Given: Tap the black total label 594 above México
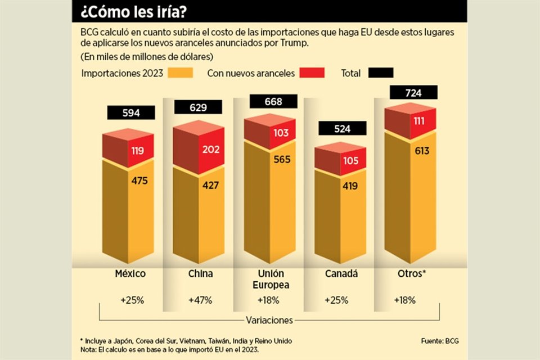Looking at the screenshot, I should point(131,113).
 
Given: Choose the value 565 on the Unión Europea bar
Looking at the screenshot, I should point(281,159).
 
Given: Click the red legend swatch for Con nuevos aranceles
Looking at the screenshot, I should point(312,73).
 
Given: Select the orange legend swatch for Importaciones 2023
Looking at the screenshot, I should point(181,73).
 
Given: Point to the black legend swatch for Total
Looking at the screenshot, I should point(381,73).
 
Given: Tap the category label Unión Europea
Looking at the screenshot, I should point(271,280).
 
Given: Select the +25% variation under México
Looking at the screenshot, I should point(132,300).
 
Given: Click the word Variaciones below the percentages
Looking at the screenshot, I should point(269,320).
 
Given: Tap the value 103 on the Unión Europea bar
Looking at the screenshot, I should point(281,133).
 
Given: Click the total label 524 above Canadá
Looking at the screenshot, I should point(342,129).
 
